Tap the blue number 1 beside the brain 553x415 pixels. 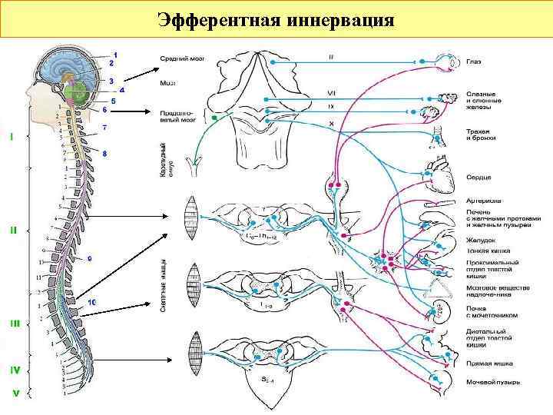pyautogui.click(x=115, y=53)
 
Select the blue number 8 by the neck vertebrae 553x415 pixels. pyautogui.click(x=104, y=154)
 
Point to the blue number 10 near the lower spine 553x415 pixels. pyautogui.click(x=92, y=303)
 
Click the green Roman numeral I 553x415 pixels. pyautogui.click(x=12, y=138)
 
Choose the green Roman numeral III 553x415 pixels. pyautogui.click(x=14, y=324)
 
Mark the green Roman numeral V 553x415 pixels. pyautogui.click(x=14, y=393)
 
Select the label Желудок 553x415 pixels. pyautogui.click(x=480, y=240)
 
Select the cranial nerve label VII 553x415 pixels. pyautogui.click(x=332, y=94)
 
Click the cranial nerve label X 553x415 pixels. pyautogui.click(x=331, y=122)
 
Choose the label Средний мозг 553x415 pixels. pyautogui.click(x=181, y=58)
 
